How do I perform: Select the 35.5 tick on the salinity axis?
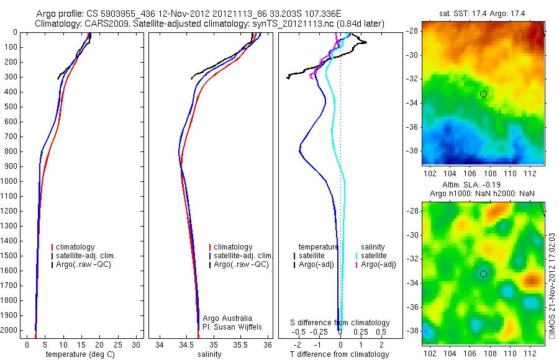[x=240, y=344]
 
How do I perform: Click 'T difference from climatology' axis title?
[x=340, y=354]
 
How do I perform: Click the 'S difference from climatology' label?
[x=340, y=323]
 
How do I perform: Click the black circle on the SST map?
[x=483, y=94]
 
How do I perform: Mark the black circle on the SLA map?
[x=483, y=274]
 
